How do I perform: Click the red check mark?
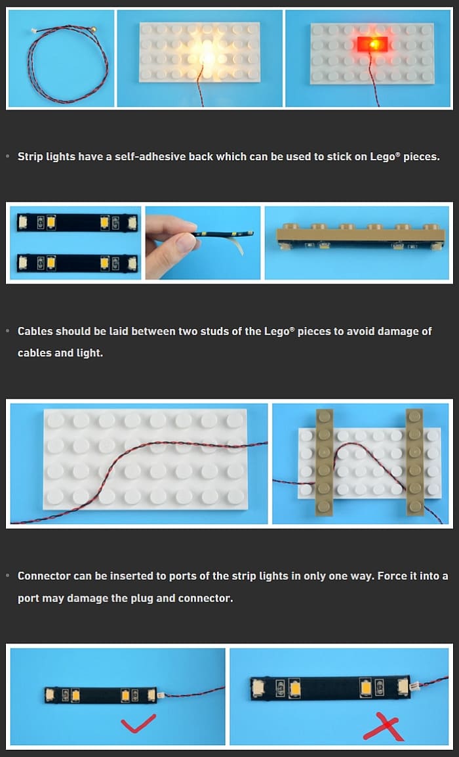pos(138,724)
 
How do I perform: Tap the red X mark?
pos(384,729)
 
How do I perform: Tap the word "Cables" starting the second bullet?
pos(35,331)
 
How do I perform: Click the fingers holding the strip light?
pos(169,244)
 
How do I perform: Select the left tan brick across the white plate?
pos(325,462)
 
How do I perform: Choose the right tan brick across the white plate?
pos(414,462)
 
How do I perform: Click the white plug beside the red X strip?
pos(414,685)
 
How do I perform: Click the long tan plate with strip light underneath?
pos(361,236)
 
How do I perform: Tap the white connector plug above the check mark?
pos(159,695)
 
